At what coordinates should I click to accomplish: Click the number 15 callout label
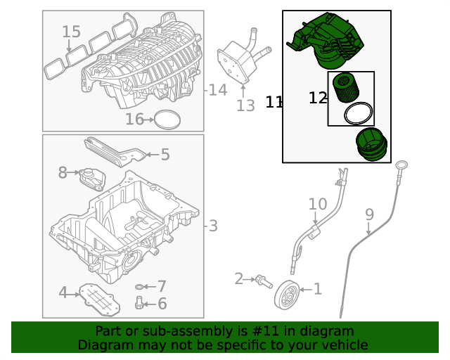(x=71, y=32)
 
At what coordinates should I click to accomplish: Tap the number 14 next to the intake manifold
(x=217, y=90)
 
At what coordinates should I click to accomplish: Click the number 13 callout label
(x=245, y=106)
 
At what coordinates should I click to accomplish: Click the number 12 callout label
(x=318, y=98)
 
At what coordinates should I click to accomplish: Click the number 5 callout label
(x=165, y=155)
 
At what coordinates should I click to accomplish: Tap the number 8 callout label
(x=62, y=172)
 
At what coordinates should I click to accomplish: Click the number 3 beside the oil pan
(x=212, y=226)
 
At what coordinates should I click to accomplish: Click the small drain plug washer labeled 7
(x=139, y=287)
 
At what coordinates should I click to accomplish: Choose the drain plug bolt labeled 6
(x=139, y=303)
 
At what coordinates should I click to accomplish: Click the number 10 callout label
(x=318, y=205)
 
